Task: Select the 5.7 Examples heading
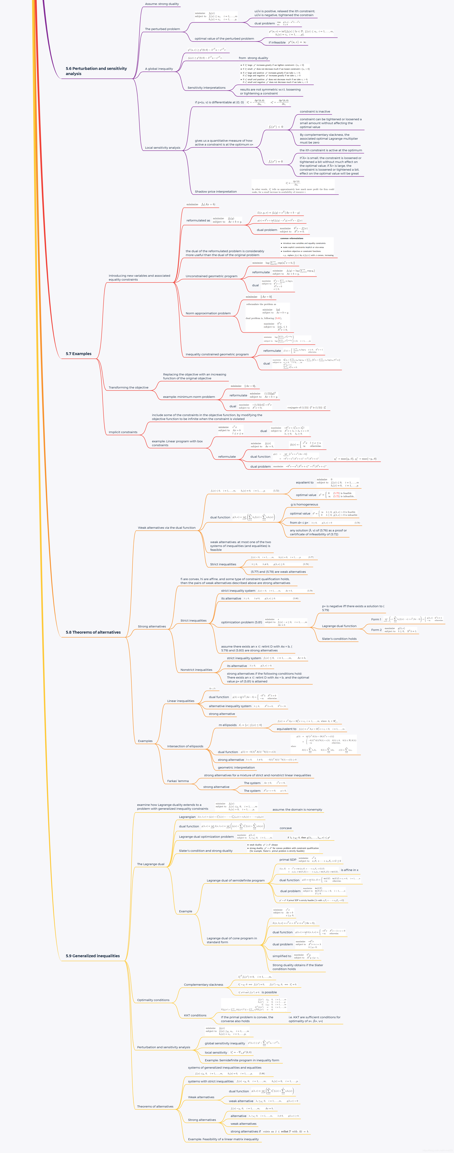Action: tap(79, 354)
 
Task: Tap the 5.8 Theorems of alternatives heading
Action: tap(93, 632)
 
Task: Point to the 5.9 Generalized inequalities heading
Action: tap(93, 956)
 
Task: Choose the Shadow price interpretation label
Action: tap(216, 192)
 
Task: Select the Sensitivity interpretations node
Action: tap(206, 88)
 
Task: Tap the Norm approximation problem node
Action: tap(208, 313)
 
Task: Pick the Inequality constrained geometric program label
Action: tap(217, 354)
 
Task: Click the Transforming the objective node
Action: tap(128, 388)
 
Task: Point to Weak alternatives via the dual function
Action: tap(166, 528)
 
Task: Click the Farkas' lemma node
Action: tap(178, 781)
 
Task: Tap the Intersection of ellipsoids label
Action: tap(185, 746)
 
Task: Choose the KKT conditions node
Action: tap(195, 1015)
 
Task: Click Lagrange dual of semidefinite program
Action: tap(236, 880)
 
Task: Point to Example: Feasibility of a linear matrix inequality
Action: tap(223, 1139)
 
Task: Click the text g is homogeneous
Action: tap(304, 504)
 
